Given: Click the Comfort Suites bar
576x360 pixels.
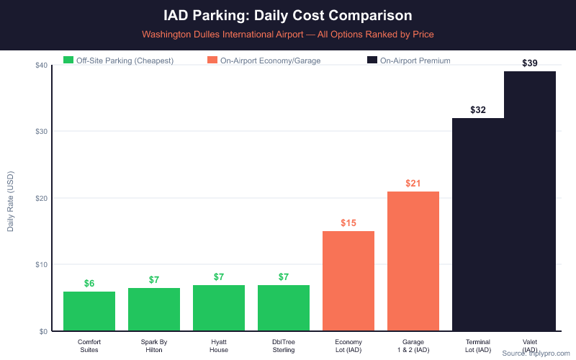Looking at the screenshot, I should pos(89,311).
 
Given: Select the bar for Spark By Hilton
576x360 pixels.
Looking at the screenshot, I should pos(154,310).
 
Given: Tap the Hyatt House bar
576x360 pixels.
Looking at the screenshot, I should pos(219,308).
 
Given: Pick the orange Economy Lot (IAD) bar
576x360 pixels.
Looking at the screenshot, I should pos(348,281).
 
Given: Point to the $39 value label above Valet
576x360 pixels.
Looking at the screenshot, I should pos(529,63).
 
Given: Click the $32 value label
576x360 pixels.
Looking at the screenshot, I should pos(478,110).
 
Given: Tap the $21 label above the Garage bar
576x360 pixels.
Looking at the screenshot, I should pos(413,184).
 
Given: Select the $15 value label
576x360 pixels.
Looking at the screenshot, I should pos(348,223).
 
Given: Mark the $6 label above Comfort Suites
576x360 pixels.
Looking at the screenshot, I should pos(89,283).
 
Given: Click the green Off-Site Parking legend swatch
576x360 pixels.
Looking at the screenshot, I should pos(69,60).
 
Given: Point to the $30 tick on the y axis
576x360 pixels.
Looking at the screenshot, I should pos(41,132).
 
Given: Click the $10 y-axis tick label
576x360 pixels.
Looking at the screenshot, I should pos(41,265).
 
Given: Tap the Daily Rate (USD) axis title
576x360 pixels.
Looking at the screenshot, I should pos(10,198).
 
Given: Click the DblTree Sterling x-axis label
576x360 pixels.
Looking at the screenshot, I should pos(284,346).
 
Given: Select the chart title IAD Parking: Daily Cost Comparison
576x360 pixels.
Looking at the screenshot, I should pos(288,15).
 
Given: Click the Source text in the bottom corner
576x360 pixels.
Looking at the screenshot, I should pos(536,353).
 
